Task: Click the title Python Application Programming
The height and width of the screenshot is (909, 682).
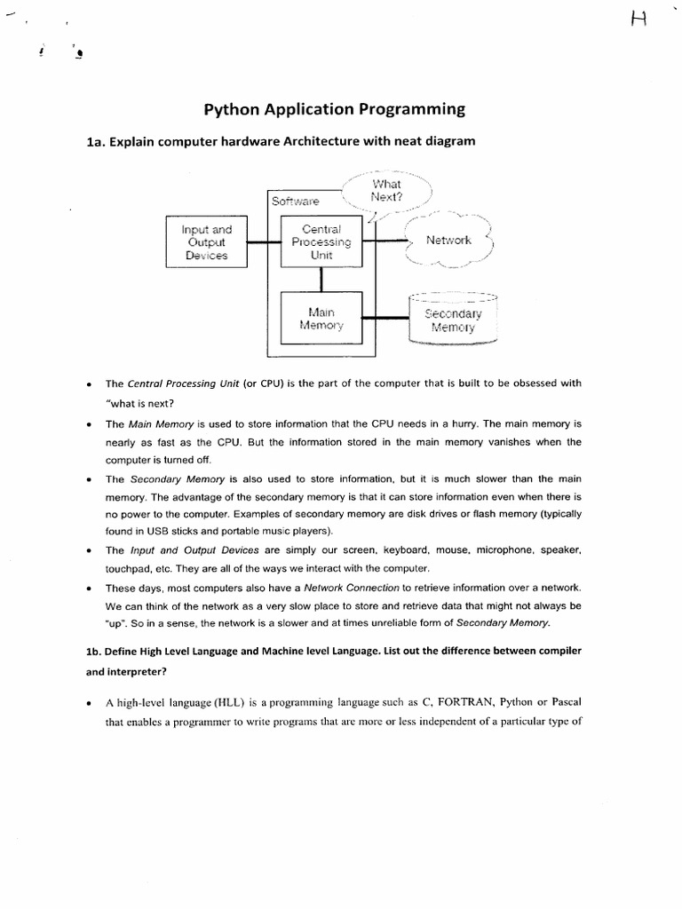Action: [x=335, y=110]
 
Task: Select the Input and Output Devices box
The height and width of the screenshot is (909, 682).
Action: [x=207, y=241]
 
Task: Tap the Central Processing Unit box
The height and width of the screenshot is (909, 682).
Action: [x=321, y=241]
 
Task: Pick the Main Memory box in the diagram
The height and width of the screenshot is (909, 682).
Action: [x=321, y=319]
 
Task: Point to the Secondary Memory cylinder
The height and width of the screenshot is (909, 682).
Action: [x=453, y=319]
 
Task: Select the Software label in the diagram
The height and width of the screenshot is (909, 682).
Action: [x=296, y=202]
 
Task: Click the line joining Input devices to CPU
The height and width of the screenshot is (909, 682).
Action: [x=263, y=241]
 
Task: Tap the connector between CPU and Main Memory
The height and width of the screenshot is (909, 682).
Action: [x=321, y=279]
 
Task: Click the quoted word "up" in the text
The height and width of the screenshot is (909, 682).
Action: [x=117, y=623]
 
